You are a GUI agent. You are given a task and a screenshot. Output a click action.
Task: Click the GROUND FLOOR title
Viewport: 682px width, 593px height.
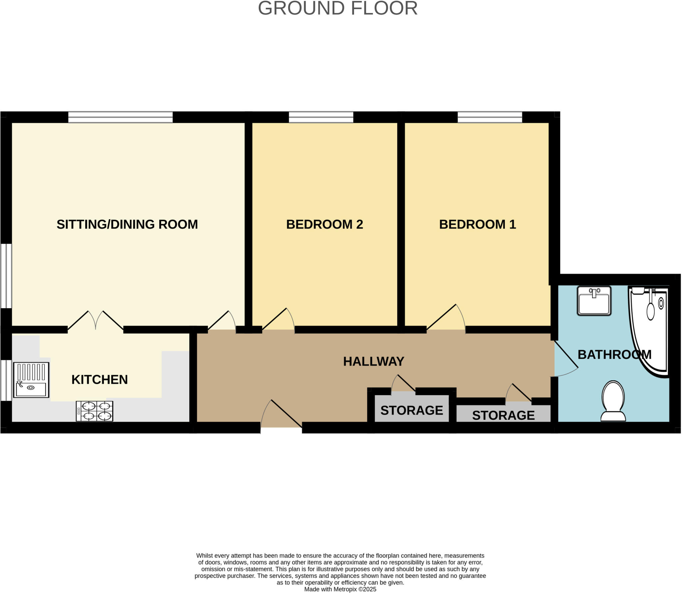(x=338, y=8)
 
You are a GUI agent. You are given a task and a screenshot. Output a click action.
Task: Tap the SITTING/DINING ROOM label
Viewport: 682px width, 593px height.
(x=127, y=224)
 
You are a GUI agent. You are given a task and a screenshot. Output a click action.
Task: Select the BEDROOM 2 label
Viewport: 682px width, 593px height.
(x=324, y=224)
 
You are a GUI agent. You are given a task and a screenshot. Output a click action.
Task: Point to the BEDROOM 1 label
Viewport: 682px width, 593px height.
(x=477, y=224)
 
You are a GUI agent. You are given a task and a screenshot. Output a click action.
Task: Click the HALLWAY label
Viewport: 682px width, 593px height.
(x=373, y=361)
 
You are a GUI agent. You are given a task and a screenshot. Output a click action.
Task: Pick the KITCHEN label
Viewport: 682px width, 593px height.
(x=100, y=379)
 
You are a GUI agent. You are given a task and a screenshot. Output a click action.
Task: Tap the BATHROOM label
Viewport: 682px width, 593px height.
(x=614, y=354)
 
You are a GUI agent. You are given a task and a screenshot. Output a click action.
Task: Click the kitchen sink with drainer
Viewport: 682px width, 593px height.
(x=31, y=380)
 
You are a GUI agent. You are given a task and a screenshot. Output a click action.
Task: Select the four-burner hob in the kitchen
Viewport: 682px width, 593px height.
(x=95, y=411)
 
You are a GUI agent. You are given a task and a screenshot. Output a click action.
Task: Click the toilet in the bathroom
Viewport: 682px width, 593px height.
(x=613, y=401)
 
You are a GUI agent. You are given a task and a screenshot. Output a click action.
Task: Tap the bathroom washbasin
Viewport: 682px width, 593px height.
(x=594, y=301)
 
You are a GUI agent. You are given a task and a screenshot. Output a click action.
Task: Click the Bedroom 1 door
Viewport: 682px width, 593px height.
(x=446, y=318)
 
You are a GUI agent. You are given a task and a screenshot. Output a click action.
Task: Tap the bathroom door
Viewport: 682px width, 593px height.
(x=566, y=358)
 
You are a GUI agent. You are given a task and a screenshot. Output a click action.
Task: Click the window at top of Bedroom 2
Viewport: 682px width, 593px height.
(x=321, y=117)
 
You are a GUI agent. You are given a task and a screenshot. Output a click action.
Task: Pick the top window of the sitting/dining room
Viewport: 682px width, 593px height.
(x=120, y=117)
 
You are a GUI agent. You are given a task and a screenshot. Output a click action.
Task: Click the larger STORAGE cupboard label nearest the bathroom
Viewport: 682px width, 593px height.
(x=503, y=415)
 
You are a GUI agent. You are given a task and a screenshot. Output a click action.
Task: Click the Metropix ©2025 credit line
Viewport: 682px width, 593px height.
(x=340, y=589)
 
